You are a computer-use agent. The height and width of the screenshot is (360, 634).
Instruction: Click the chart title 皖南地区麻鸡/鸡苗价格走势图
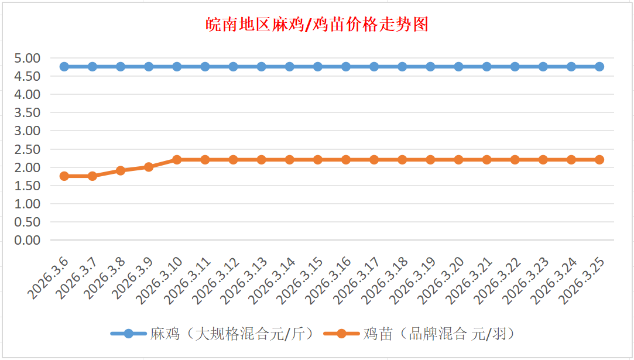coord(317,25)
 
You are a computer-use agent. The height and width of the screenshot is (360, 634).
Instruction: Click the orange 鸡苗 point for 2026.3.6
coord(64,176)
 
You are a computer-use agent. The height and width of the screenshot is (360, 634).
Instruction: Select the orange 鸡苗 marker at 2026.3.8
coord(121,171)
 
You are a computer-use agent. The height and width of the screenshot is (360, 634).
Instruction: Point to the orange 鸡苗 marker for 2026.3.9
coord(149,167)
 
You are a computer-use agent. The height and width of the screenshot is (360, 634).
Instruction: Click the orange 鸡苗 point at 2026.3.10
coord(177,160)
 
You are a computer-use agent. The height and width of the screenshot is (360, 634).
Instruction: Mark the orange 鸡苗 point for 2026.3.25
coord(599,160)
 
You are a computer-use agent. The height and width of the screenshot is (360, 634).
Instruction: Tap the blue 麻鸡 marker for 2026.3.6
coord(64,67)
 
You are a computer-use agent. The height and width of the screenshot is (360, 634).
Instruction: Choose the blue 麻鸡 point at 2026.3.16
coord(346,67)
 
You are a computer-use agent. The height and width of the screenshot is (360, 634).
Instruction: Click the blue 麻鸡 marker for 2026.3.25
coord(599,67)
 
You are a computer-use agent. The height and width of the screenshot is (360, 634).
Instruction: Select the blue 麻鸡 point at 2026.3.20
coord(458,67)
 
